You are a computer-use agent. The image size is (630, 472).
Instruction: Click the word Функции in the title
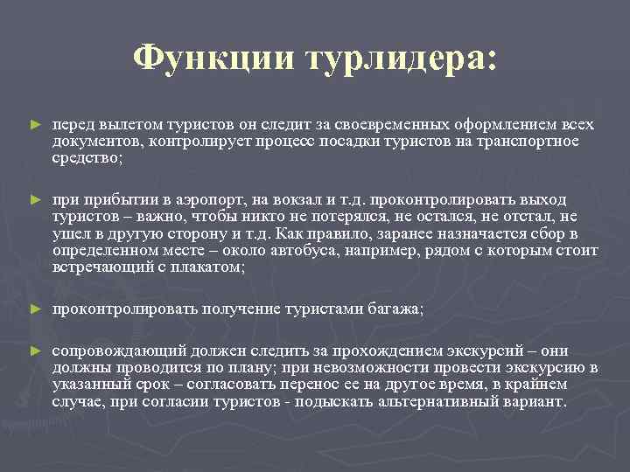tap(213, 59)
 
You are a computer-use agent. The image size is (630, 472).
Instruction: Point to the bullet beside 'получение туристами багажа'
tap(35, 309)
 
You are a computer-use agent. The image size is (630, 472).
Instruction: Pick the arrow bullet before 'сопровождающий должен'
tap(35, 350)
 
